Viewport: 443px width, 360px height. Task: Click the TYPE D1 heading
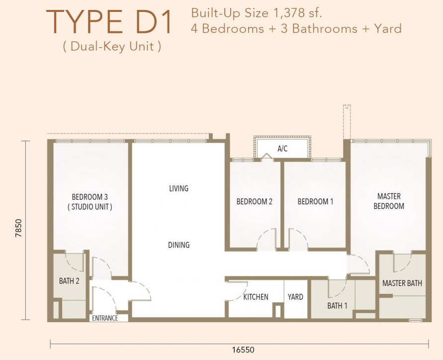click(x=109, y=22)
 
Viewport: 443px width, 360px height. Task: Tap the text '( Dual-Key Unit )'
click(x=112, y=46)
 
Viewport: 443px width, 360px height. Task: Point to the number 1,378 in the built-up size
click(x=288, y=13)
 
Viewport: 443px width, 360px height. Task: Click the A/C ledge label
click(x=282, y=149)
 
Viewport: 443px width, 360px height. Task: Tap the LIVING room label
click(x=179, y=188)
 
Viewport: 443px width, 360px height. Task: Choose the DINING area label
click(x=179, y=245)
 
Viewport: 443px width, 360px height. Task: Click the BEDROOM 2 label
click(x=254, y=201)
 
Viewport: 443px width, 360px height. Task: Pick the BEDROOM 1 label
click(x=315, y=201)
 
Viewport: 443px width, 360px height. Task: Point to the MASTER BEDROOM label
click(x=389, y=201)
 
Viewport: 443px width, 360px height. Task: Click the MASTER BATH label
click(x=402, y=283)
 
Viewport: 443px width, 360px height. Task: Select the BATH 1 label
click(x=337, y=305)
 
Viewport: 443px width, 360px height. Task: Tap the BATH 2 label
click(x=69, y=281)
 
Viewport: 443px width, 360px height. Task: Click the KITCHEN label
click(x=256, y=297)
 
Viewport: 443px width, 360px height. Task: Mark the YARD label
click(x=295, y=297)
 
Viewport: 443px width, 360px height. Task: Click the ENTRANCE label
click(x=105, y=318)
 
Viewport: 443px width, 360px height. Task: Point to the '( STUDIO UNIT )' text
click(x=90, y=207)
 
